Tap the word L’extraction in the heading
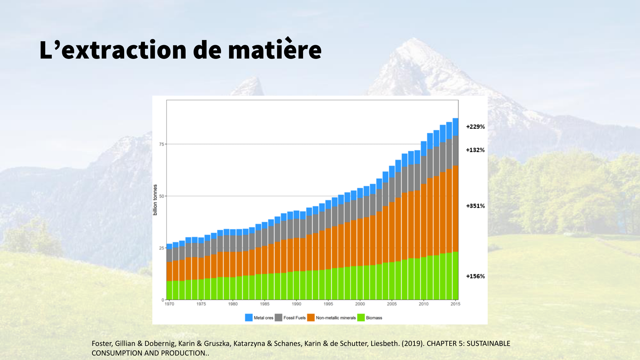pyautogui.click(x=113, y=50)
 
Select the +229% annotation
pyautogui.click(x=475, y=127)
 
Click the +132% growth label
pyautogui.click(x=475, y=150)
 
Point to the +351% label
pyautogui.click(x=475, y=206)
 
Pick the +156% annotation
pyautogui.click(x=475, y=276)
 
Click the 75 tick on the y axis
pyautogui.click(x=162, y=144)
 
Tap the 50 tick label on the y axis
pyautogui.click(x=162, y=196)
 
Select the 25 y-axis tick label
pyautogui.click(x=162, y=248)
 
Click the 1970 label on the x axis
pyautogui.click(x=169, y=304)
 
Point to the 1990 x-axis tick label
pyautogui.click(x=296, y=304)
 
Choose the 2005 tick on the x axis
pyautogui.click(x=392, y=304)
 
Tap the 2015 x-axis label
pyautogui.click(x=455, y=304)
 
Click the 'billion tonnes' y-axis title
pyautogui.click(x=155, y=200)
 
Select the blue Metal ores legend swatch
pyautogui.click(x=249, y=317)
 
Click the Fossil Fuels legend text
pyautogui.click(x=294, y=318)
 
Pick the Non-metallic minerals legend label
pyautogui.click(x=336, y=318)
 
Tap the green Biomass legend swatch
pyautogui.click(x=361, y=317)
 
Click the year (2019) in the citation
pyautogui.click(x=413, y=344)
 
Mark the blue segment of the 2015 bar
pyautogui.click(x=455, y=127)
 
